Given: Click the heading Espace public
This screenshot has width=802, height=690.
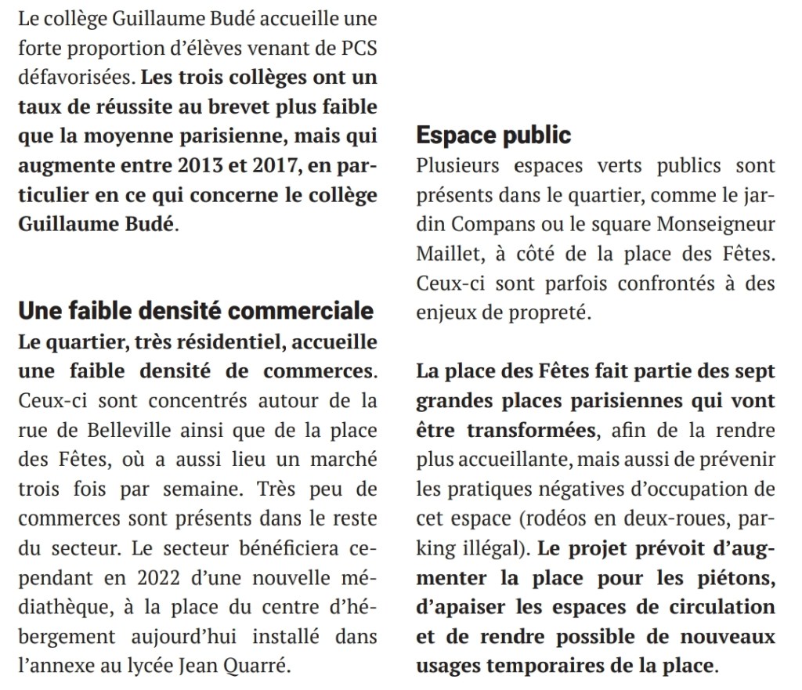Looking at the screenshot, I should (493, 135).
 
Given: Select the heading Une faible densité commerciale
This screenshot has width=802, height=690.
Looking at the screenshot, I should (196, 310).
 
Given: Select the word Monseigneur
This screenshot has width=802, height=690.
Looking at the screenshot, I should (714, 224).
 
